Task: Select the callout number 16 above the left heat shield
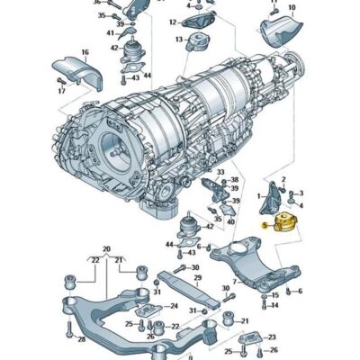click(85, 53)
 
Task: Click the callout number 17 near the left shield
click(62, 91)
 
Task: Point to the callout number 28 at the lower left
click(81, 338)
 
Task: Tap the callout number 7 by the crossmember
click(235, 282)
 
